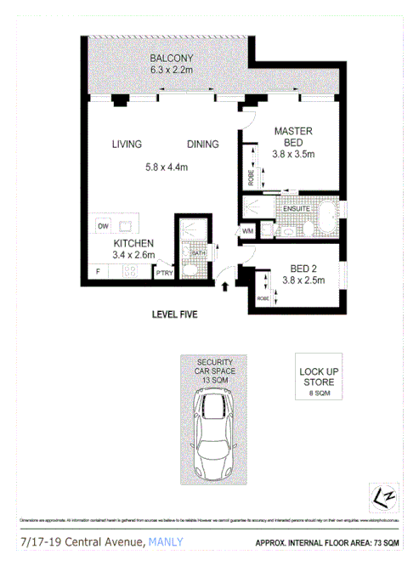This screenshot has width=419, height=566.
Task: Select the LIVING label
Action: click(126, 144)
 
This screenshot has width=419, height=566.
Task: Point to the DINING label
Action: click(202, 144)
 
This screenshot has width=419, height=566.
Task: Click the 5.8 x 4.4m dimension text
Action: click(166, 167)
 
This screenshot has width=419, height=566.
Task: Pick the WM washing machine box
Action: click(248, 229)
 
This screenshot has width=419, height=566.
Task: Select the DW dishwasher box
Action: click(104, 226)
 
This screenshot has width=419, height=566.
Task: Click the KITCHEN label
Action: click(134, 243)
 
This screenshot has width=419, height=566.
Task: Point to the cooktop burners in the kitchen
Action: click(132, 273)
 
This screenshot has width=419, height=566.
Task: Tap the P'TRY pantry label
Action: click(163, 273)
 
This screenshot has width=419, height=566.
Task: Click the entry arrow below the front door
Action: click(225, 288)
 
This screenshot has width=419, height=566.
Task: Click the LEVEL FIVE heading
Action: click(174, 314)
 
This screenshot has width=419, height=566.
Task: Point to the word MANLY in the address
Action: click(167, 541)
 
